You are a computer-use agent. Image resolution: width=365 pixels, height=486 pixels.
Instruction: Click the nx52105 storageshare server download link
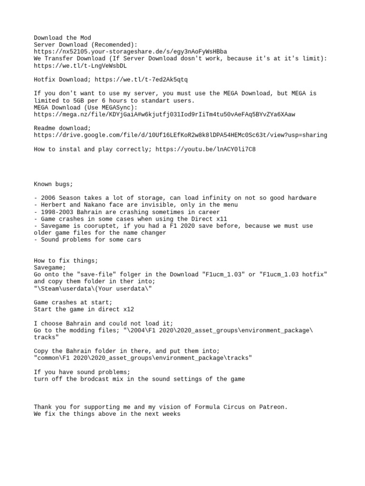130,51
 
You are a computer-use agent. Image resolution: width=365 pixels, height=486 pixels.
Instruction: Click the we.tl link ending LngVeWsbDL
80,65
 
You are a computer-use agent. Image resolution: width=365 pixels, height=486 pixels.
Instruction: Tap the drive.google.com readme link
181,135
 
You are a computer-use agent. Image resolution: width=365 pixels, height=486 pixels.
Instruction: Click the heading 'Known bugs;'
54,184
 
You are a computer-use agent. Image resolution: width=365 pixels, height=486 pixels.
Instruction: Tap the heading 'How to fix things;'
66,261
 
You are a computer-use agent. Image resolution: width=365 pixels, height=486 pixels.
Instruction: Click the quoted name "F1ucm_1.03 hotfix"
295,274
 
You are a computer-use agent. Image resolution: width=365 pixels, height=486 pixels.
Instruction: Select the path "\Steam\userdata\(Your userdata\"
94,289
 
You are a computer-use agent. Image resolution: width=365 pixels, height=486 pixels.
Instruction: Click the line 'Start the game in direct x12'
84,309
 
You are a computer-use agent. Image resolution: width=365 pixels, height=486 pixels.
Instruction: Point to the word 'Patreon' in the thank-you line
273,407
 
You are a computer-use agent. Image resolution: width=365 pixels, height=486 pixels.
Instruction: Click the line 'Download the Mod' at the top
62,37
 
